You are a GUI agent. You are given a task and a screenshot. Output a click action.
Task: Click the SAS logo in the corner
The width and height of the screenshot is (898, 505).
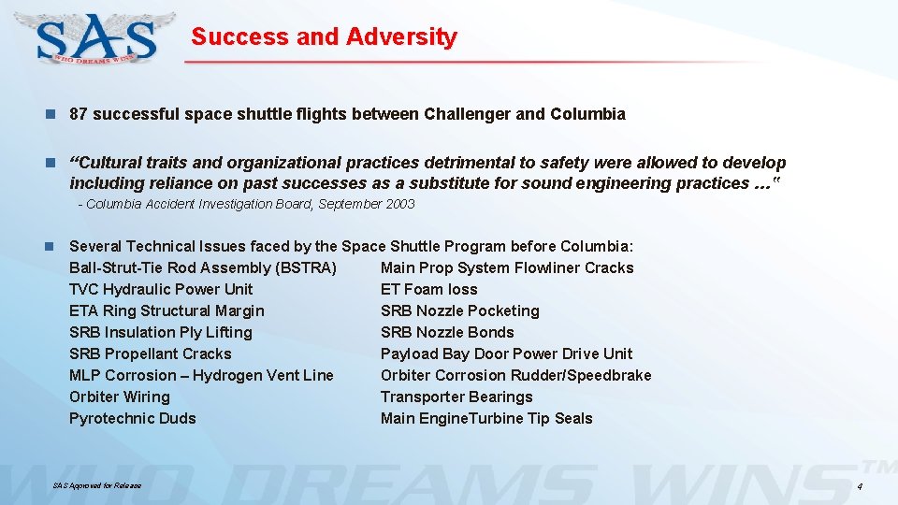tap(97, 37)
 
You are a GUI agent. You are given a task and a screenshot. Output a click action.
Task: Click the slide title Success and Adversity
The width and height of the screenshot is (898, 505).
tap(324, 37)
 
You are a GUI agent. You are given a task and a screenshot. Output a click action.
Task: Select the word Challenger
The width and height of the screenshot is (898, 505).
tap(467, 115)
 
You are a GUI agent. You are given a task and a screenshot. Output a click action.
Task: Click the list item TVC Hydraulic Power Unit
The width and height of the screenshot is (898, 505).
tap(161, 289)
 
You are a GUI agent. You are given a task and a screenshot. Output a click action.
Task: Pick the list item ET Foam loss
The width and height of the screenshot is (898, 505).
tap(429, 289)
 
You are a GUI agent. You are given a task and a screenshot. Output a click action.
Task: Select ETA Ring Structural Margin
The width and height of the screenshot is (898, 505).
tap(167, 310)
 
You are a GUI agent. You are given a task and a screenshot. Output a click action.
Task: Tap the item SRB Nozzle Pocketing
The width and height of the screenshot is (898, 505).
tap(460, 310)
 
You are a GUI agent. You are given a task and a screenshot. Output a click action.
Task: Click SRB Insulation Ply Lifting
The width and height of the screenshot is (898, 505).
tap(161, 332)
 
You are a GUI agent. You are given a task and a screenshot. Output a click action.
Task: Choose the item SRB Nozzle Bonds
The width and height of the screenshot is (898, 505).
tap(447, 332)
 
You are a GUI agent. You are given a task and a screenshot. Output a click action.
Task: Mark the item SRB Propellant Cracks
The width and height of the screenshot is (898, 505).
tap(150, 353)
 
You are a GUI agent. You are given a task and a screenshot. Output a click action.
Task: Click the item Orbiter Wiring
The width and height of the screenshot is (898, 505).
tap(120, 397)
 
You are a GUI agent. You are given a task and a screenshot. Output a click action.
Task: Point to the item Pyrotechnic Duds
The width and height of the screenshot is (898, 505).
tap(133, 418)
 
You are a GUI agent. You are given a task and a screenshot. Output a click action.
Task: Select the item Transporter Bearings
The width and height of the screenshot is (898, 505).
tap(456, 397)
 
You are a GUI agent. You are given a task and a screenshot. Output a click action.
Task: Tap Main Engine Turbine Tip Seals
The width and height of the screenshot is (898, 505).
tap(486, 418)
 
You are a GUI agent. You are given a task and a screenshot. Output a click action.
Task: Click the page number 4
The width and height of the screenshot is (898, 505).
tap(860, 487)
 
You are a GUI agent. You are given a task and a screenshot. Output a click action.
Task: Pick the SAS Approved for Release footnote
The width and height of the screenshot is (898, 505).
tap(97, 485)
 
